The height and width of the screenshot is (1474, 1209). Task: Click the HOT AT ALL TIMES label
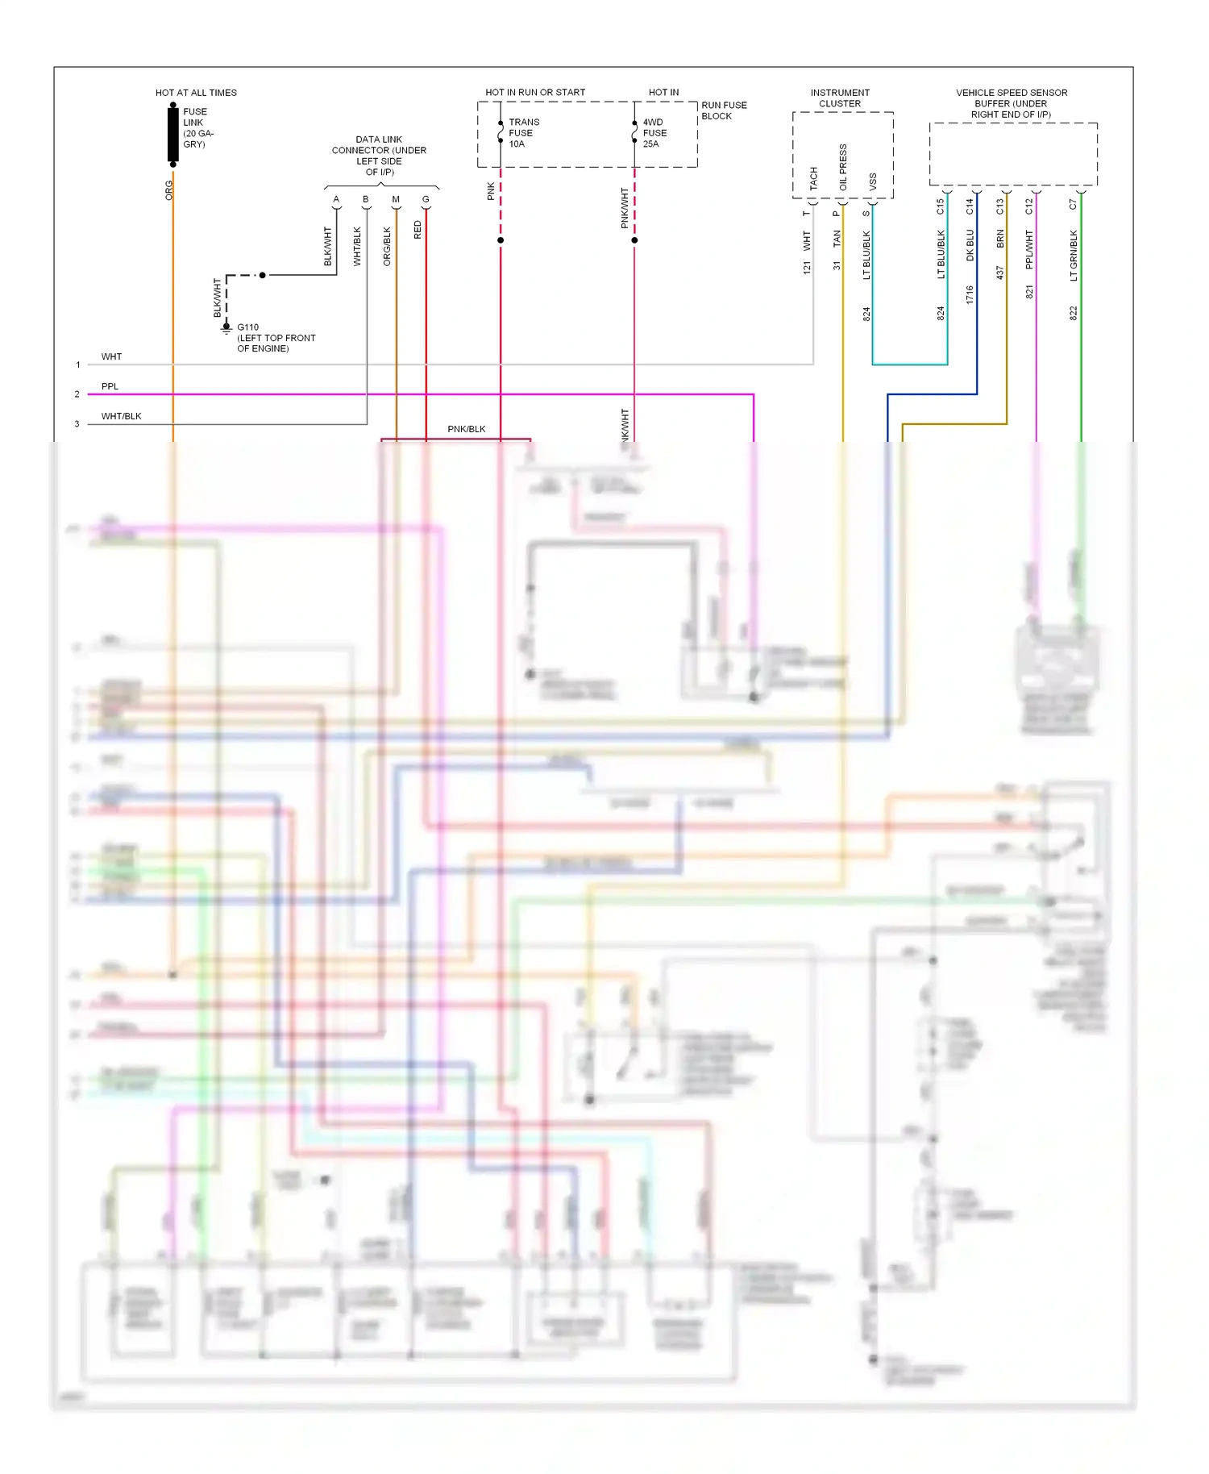coord(196,93)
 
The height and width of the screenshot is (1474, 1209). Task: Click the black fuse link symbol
coord(173,134)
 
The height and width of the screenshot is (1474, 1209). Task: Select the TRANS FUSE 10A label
coord(523,133)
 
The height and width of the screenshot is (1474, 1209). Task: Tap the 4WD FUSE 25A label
coord(654,133)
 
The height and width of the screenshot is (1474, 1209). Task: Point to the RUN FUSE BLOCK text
coord(723,110)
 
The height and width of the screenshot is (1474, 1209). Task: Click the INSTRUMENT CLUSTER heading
coord(840,98)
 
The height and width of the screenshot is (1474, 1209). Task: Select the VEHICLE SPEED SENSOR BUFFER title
coord(1012,103)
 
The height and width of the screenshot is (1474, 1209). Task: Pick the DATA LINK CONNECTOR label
coord(379,156)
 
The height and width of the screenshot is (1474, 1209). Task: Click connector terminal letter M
coord(396,199)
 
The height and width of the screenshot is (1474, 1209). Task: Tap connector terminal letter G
coord(426,199)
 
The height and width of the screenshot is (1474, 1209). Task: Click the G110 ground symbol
coord(226,328)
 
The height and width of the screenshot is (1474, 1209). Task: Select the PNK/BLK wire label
coord(467,429)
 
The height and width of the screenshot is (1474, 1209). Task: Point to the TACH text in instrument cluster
coord(813,178)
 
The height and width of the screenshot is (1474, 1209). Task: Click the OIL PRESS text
coord(843,167)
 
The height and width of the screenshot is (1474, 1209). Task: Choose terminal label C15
coord(940,206)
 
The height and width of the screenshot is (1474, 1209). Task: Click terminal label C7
coord(1073,205)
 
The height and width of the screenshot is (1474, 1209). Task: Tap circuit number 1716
coord(970,294)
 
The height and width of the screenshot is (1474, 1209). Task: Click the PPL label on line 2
coord(110,386)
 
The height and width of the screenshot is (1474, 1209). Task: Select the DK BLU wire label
coord(970,246)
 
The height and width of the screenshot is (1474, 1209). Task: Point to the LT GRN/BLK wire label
coord(1074,256)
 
